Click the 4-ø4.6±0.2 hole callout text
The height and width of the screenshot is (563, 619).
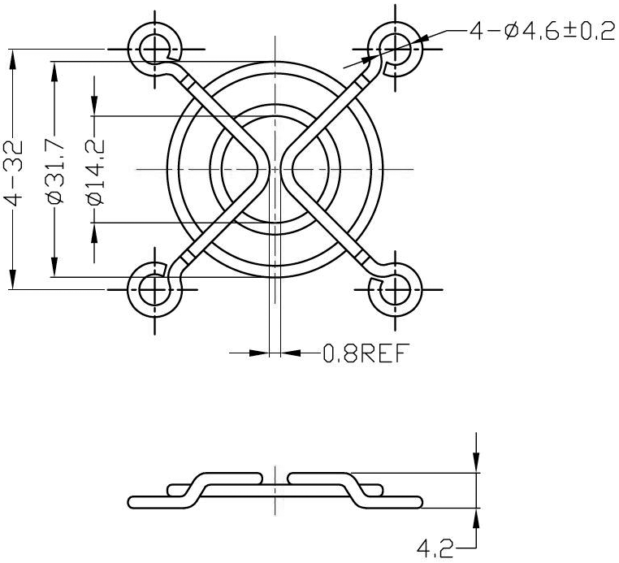pos(542,31)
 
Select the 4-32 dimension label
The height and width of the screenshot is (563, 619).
pos(14,172)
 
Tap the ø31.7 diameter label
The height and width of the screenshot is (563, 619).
pos(55,171)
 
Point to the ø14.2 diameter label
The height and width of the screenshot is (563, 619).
pos(96,172)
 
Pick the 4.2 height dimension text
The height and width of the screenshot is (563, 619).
pos(435,548)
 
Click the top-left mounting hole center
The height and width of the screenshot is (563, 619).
pos(154,50)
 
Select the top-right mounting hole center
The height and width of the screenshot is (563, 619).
pos(395,50)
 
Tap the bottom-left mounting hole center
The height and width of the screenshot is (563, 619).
pos(154,289)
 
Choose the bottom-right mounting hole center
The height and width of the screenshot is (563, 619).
pos(395,289)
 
